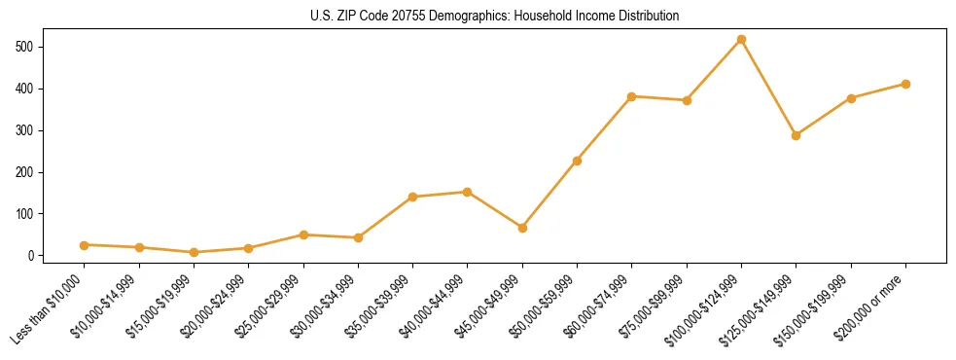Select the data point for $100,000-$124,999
[742, 39]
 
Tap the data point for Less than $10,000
[85, 245]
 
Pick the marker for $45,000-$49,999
[523, 228]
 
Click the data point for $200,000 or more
[906, 84]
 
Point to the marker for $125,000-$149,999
[797, 135]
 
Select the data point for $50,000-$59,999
[578, 161]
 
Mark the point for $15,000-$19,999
[195, 252]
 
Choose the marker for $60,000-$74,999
[632, 96]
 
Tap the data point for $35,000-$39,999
[413, 197]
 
